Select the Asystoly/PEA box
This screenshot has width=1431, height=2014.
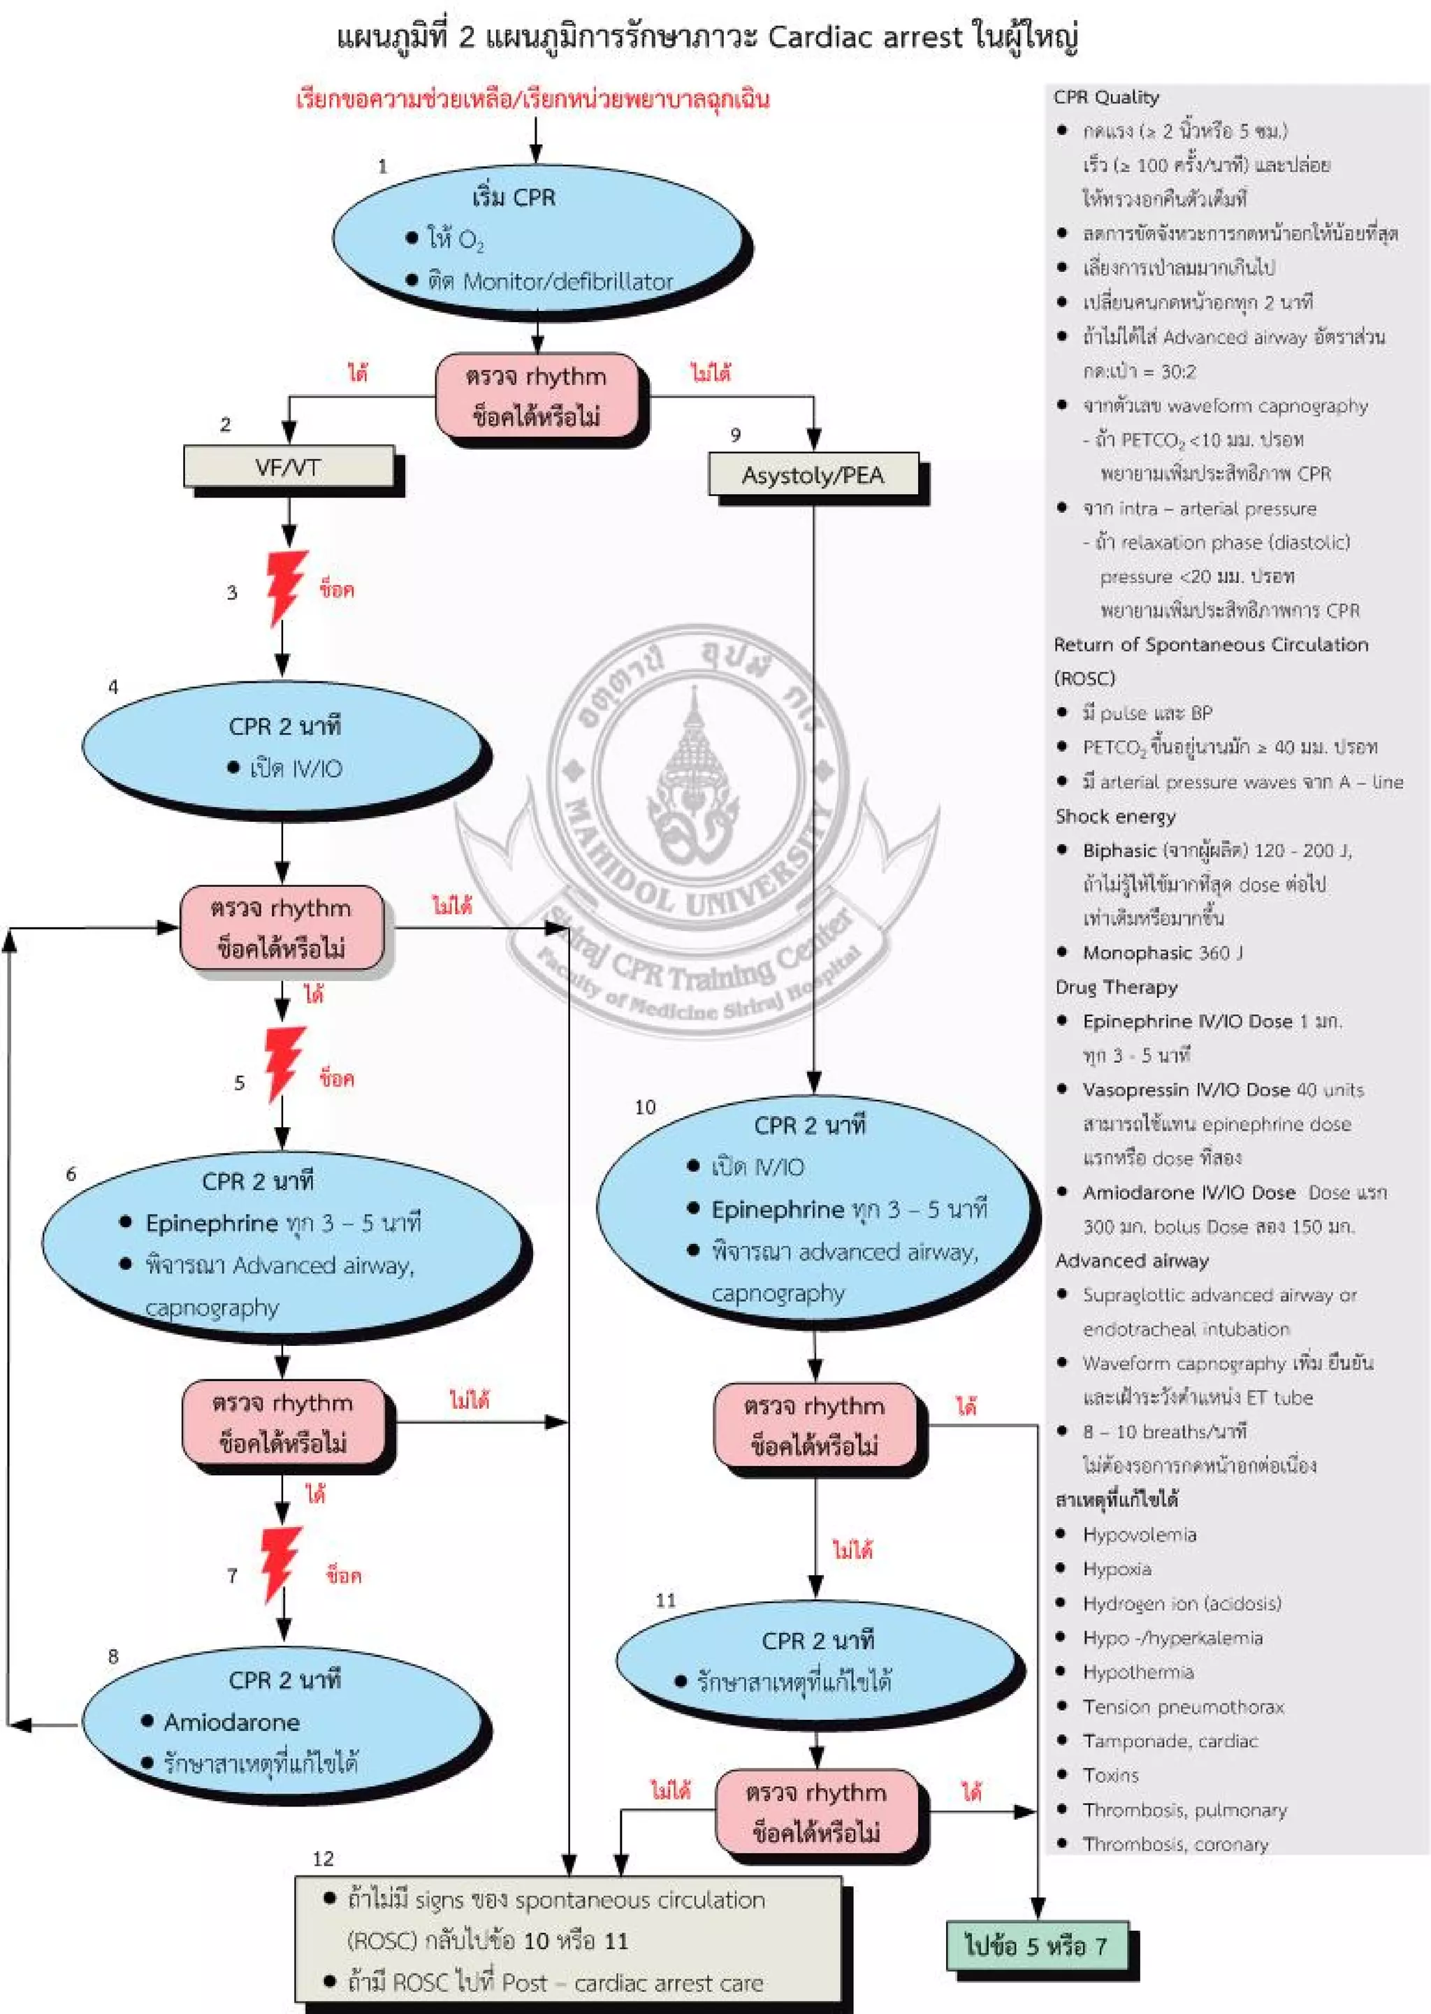[x=813, y=475]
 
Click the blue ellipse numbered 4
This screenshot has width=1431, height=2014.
[x=284, y=746]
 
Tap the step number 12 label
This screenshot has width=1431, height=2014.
[x=323, y=1858]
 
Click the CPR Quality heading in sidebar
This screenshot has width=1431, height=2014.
[x=1106, y=97]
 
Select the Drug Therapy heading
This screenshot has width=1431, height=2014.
[x=1116, y=987]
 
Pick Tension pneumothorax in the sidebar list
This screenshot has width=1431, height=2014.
[x=1182, y=1707]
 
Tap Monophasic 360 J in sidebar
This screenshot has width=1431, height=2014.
[x=1161, y=952]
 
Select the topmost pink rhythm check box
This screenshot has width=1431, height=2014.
[x=537, y=396]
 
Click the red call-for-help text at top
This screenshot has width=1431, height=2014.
[x=532, y=99]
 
